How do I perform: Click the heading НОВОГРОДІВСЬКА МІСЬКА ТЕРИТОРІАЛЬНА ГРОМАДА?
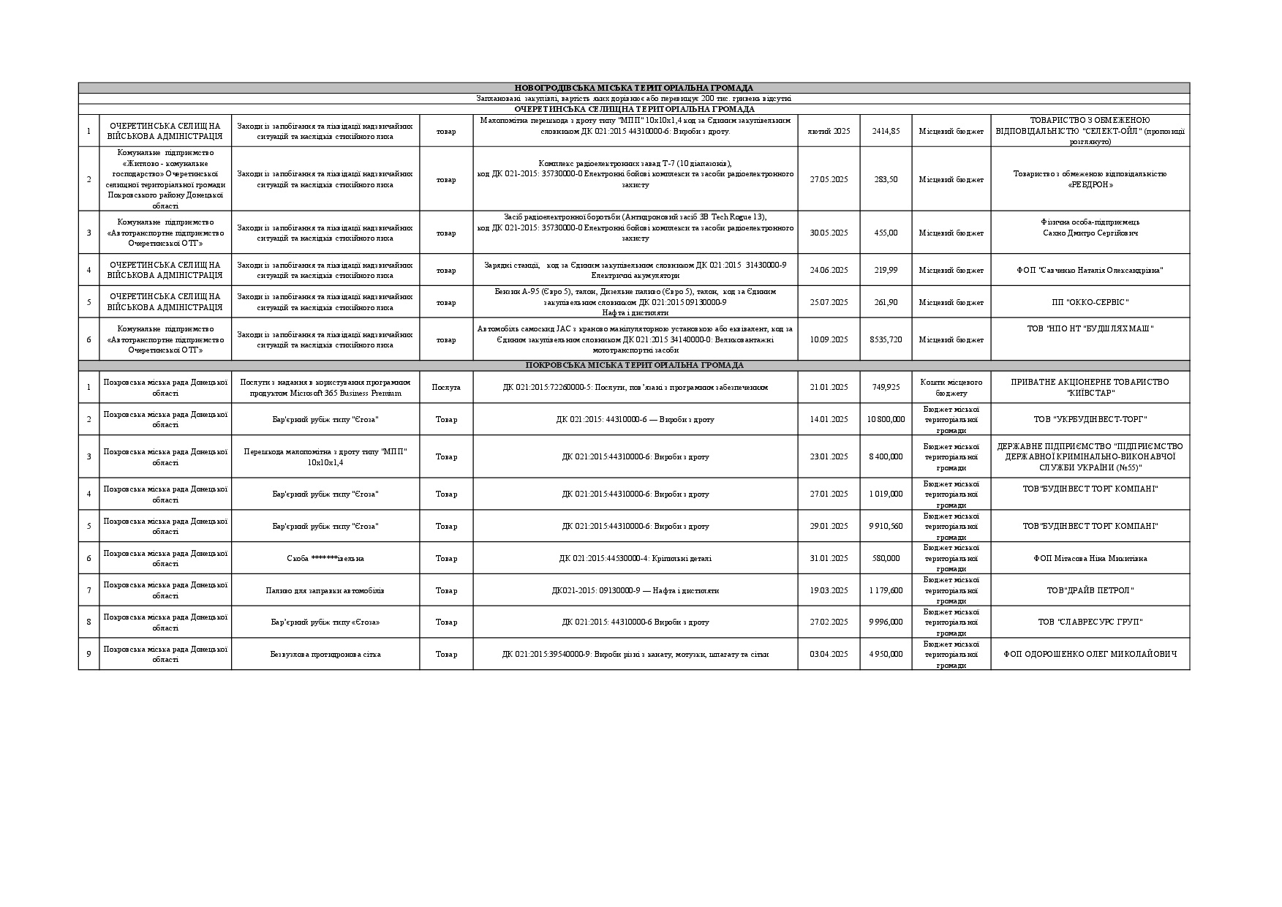[x=633, y=88]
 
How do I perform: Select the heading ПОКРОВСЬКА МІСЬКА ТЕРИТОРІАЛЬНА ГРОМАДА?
[x=634, y=365]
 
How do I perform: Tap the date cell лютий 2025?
[x=829, y=131]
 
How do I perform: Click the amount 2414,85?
[x=886, y=131]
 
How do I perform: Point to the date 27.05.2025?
[x=829, y=179]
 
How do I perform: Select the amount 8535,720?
[x=886, y=339]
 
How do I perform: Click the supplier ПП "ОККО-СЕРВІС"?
[x=1090, y=302]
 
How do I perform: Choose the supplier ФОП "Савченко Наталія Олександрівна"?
[x=1090, y=270]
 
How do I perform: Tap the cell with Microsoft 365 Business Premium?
[x=325, y=388]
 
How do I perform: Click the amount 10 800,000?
[x=886, y=419]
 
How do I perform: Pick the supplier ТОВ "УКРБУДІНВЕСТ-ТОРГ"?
[x=1090, y=419]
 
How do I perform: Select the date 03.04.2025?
[x=829, y=654]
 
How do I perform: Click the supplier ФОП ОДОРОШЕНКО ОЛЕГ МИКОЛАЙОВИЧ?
[x=1090, y=654]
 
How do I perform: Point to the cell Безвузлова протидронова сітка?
[x=325, y=654]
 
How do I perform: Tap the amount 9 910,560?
[x=886, y=526]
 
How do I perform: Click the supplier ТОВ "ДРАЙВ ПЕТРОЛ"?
[x=1090, y=590]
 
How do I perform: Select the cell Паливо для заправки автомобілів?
[x=325, y=590]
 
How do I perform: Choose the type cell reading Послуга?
[x=446, y=387]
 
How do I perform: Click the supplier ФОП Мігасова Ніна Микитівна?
[x=1090, y=558]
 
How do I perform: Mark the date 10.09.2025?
[x=829, y=339]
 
